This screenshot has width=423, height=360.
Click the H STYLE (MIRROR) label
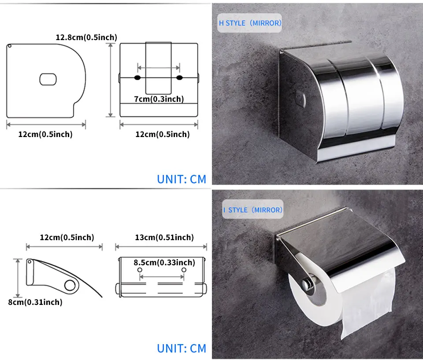[250, 23]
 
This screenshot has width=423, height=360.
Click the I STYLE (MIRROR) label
[253, 210]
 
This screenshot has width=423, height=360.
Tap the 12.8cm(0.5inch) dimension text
[87, 37]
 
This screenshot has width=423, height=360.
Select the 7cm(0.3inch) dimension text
[159, 99]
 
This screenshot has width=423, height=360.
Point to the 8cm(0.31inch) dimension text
[35, 302]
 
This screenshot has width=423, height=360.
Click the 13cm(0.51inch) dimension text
[164, 237]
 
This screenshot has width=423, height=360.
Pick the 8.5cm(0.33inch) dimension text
[164, 262]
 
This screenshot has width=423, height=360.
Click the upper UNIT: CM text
[182, 179]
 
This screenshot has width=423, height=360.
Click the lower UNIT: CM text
[182, 348]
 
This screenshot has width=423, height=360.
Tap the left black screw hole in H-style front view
[137, 78]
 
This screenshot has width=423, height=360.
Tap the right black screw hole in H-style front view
[179, 78]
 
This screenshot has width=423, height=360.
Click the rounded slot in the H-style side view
[48, 79]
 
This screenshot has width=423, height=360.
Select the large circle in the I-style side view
[70, 286]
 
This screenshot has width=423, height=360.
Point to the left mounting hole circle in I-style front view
[140, 270]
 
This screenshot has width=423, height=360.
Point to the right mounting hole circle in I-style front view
[184, 270]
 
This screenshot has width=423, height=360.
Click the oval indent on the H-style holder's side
[301, 98]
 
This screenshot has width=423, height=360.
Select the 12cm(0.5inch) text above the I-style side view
[67, 237]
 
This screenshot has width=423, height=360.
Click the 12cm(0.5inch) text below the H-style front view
[163, 134]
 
